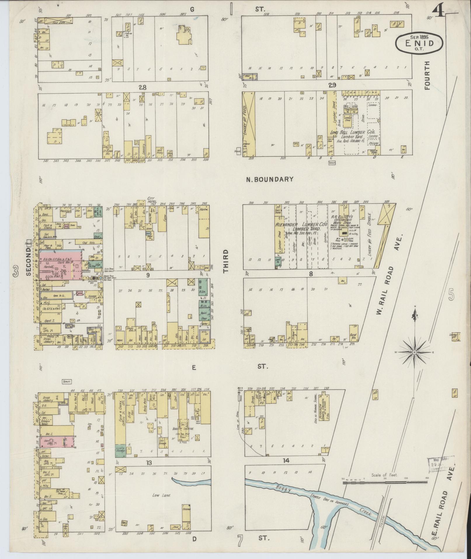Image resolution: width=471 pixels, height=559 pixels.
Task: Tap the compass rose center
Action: [x=414, y=353]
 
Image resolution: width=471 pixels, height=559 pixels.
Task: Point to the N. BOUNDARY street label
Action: [x=270, y=179]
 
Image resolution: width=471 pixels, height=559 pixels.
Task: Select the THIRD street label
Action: [x=225, y=261]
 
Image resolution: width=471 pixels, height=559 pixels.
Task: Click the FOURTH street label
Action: [x=427, y=75]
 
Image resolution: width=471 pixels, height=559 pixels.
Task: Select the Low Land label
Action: [x=161, y=495]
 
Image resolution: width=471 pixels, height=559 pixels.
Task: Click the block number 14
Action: [x=286, y=461]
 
